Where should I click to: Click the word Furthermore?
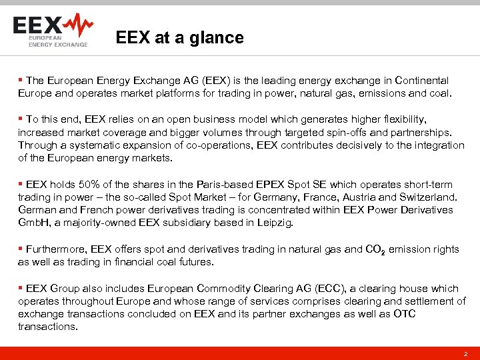click(55, 249)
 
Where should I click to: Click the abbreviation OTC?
click(404, 314)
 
